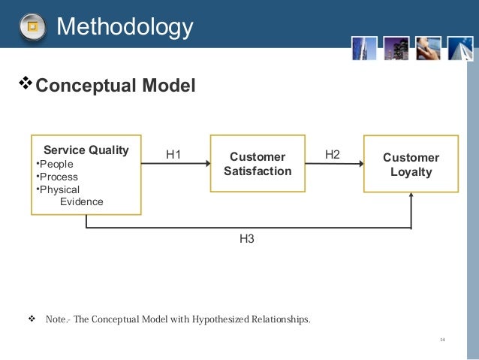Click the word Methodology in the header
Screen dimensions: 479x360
click(x=125, y=27)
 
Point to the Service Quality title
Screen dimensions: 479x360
click(x=86, y=150)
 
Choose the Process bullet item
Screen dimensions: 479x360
click(x=56, y=177)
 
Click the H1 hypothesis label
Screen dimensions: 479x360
click(x=174, y=156)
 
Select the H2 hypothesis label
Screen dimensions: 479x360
click(x=332, y=155)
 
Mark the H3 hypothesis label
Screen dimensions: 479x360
click(x=247, y=239)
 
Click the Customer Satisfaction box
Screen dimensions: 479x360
click(x=258, y=164)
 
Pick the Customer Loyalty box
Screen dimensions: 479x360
click(x=411, y=164)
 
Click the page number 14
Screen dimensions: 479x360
click(x=442, y=340)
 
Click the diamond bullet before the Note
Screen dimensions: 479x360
click(x=32, y=319)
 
